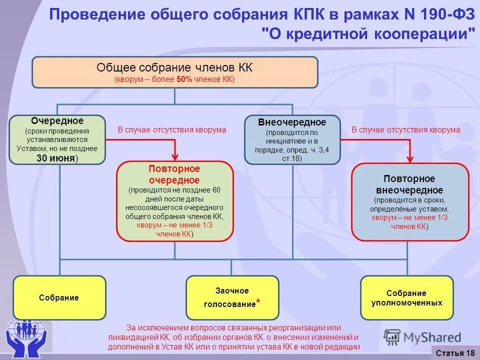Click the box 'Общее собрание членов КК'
[x=175, y=72]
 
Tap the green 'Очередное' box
[x=57, y=139]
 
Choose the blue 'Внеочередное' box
[x=292, y=139]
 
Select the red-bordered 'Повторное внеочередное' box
[x=410, y=202]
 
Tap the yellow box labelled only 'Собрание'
[x=59, y=298]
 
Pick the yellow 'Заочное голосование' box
[x=232, y=298]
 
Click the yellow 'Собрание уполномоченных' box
[x=406, y=298]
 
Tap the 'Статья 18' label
[x=455, y=353]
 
